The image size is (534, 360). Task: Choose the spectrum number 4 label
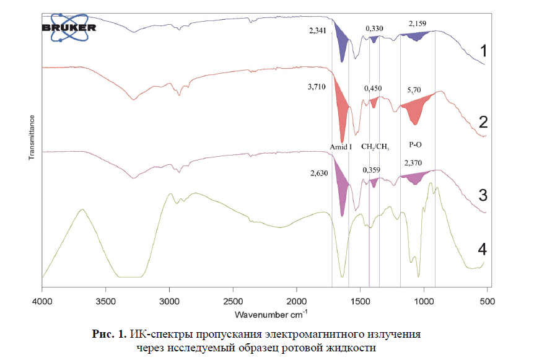coord(483,248)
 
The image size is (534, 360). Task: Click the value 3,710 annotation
coord(317,90)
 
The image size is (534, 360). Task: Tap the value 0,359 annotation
coord(372,169)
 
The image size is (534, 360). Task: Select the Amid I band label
coord(341,147)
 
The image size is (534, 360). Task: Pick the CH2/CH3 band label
coord(375,147)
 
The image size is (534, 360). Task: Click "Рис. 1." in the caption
coord(110,335)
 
